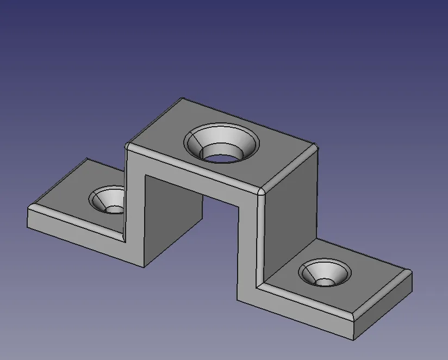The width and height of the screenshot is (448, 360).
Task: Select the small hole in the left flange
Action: click(x=115, y=209)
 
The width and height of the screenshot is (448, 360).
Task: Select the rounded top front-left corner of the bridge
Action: click(x=128, y=146)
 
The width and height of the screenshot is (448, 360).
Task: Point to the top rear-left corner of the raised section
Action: click(x=182, y=100)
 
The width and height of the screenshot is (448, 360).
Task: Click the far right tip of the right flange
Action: click(x=411, y=273)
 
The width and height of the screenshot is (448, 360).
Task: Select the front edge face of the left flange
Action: click(x=76, y=228)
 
